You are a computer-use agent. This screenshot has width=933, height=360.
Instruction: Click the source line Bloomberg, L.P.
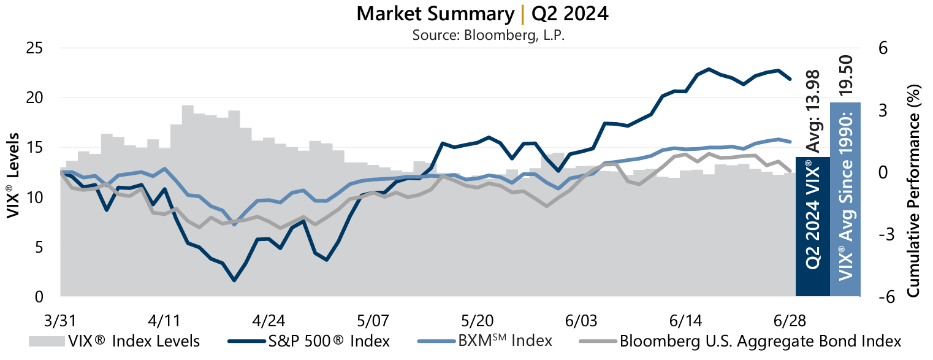point(488,35)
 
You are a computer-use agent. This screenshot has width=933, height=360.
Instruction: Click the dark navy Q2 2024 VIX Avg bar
point(812,227)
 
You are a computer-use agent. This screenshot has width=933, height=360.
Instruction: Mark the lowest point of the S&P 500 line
point(234,280)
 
